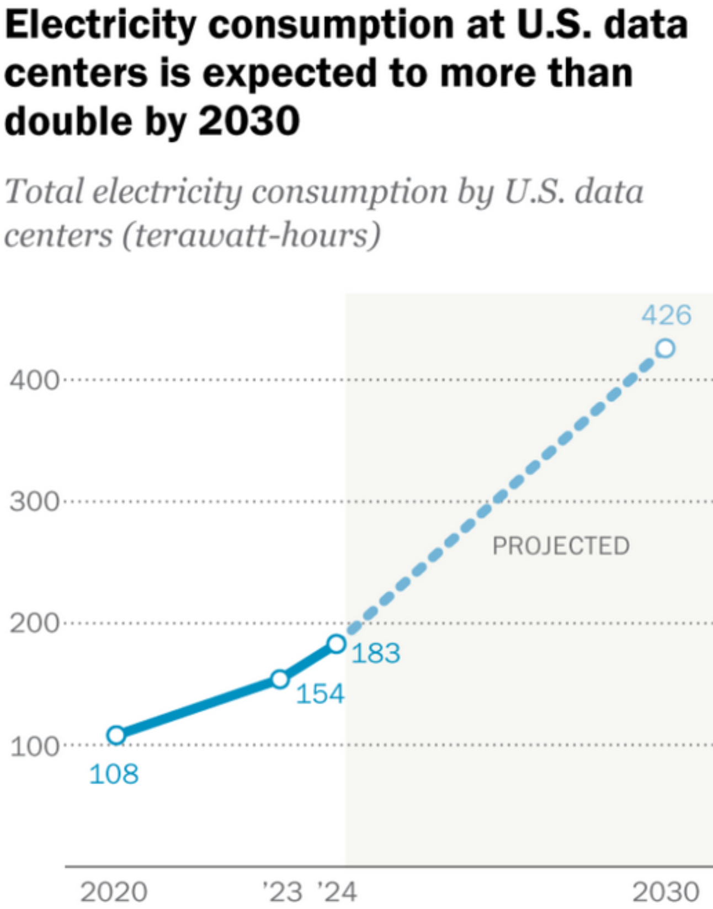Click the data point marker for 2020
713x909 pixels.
(116, 735)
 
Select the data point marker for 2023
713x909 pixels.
(280, 679)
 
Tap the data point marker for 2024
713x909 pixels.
(337, 644)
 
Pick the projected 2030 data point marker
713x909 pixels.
(666, 348)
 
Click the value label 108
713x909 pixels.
(114, 774)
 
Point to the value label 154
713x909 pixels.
(320, 694)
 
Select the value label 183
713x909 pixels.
(376, 653)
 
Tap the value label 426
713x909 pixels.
(666, 315)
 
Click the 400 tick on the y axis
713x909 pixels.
(34, 380)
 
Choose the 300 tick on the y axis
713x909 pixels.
(34, 502)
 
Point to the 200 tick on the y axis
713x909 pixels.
(34, 624)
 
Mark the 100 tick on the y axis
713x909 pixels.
(34, 746)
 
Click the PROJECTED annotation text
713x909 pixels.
(561, 546)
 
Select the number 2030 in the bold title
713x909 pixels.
(249, 121)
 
